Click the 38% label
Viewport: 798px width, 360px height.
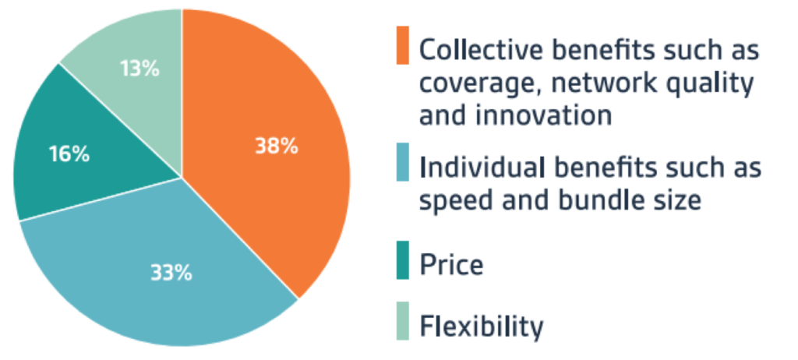(x=277, y=146)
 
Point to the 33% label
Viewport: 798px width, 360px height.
(x=171, y=273)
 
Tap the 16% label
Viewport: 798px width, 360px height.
(x=69, y=154)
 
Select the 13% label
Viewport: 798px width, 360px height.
(x=140, y=69)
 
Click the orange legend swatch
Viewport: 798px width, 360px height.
(x=403, y=45)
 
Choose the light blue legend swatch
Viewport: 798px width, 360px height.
(x=403, y=162)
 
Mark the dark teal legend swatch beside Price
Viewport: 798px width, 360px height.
(x=403, y=260)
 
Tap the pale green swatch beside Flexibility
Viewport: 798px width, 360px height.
(x=403, y=321)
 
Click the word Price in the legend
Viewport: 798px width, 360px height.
(x=451, y=265)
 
